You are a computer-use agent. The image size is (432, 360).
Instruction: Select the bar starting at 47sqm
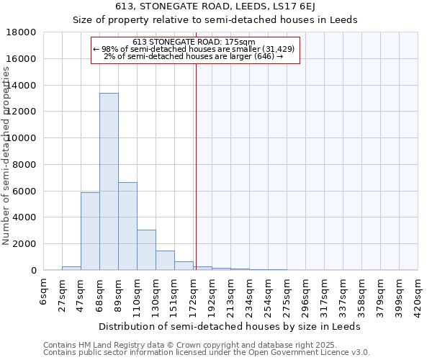pyautogui.click(x=90, y=231)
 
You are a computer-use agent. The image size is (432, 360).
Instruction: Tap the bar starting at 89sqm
pyautogui.click(x=127, y=226)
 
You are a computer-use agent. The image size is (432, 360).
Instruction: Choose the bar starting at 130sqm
pyautogui.click(x=165, y=260)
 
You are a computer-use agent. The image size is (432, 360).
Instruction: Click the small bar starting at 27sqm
pyautogui.click(x=71, y=268)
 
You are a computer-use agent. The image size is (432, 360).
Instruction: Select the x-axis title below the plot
pyautogui.click(x=229, y=326)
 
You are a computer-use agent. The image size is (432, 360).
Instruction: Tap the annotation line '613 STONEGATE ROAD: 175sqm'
pyautogui.click(x=194, y=42)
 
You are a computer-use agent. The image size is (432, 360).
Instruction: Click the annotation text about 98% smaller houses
pyautogui.click(x=194, y=49)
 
